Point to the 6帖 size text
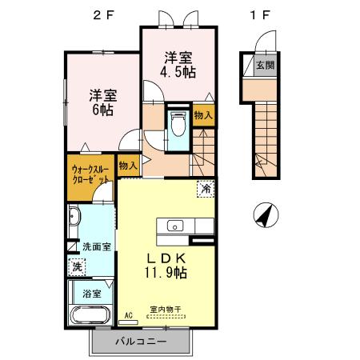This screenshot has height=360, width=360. click(102, 110)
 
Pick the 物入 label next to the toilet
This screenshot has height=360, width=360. click(204, 116)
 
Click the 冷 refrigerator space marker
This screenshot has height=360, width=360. click(206, 190)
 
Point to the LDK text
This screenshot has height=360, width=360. click(167, 258)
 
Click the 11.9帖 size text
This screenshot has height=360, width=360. click(167, 273)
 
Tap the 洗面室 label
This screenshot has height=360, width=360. click(97, 247)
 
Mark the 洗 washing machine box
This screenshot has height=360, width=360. click(77, 266)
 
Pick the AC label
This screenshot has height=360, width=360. click(126, 316)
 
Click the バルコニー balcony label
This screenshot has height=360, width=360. click(140, 342)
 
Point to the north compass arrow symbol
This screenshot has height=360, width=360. click(266, 214)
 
